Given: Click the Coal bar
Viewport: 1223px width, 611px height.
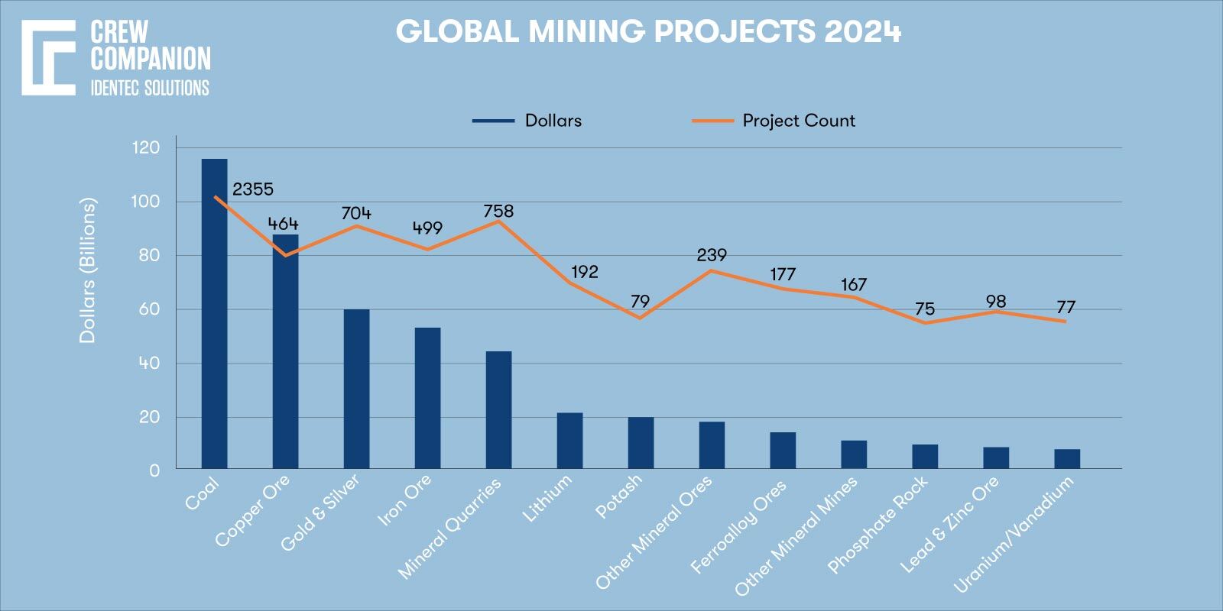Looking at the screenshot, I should [214, 313].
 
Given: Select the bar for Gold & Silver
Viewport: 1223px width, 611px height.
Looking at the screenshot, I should [356, 389].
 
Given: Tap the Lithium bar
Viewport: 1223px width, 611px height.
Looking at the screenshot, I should [569, 441].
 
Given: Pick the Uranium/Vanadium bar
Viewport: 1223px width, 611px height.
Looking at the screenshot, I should [1067, 459].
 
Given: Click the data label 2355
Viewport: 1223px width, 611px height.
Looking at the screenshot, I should [253, 189].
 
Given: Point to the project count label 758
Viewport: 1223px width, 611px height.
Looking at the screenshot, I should [498, 212].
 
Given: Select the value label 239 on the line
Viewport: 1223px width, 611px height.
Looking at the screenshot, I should [712, 255].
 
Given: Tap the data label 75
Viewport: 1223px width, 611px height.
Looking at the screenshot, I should [925, 309].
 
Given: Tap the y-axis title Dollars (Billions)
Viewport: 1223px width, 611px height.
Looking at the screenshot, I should [89, 270].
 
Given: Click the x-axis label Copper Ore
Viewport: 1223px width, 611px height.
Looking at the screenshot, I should [253, 511].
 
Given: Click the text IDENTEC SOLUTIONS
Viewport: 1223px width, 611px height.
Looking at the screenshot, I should [150, 88].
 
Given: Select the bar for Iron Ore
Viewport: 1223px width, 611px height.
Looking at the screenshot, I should [427, 398].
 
